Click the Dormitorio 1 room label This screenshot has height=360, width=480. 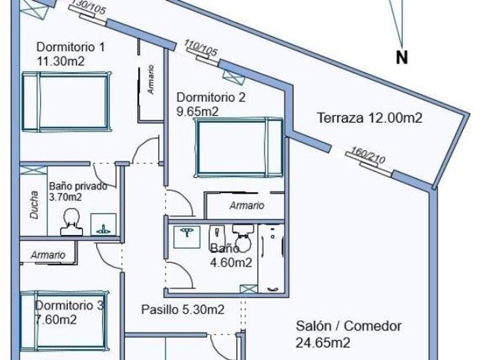point(70,47)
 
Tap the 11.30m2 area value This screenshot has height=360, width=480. point(60,61)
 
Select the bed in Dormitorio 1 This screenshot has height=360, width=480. point(65,101)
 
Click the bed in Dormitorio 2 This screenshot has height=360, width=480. point(239,147)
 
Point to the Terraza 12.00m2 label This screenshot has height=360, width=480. point(370,118)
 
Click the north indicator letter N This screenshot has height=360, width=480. point(402,58)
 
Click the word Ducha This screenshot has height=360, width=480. point(33,205)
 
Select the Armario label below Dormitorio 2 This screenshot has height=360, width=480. point(247,205)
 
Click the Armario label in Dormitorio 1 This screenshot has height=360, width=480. point(151,80)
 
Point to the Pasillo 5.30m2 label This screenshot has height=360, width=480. point(182,309)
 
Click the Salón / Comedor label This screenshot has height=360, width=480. point(349,326)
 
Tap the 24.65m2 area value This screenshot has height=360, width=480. point(323,343)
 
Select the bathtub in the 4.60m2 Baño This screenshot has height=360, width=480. point(271,258)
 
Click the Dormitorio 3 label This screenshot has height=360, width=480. point(70,306)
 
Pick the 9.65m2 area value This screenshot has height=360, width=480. point(197,111)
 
